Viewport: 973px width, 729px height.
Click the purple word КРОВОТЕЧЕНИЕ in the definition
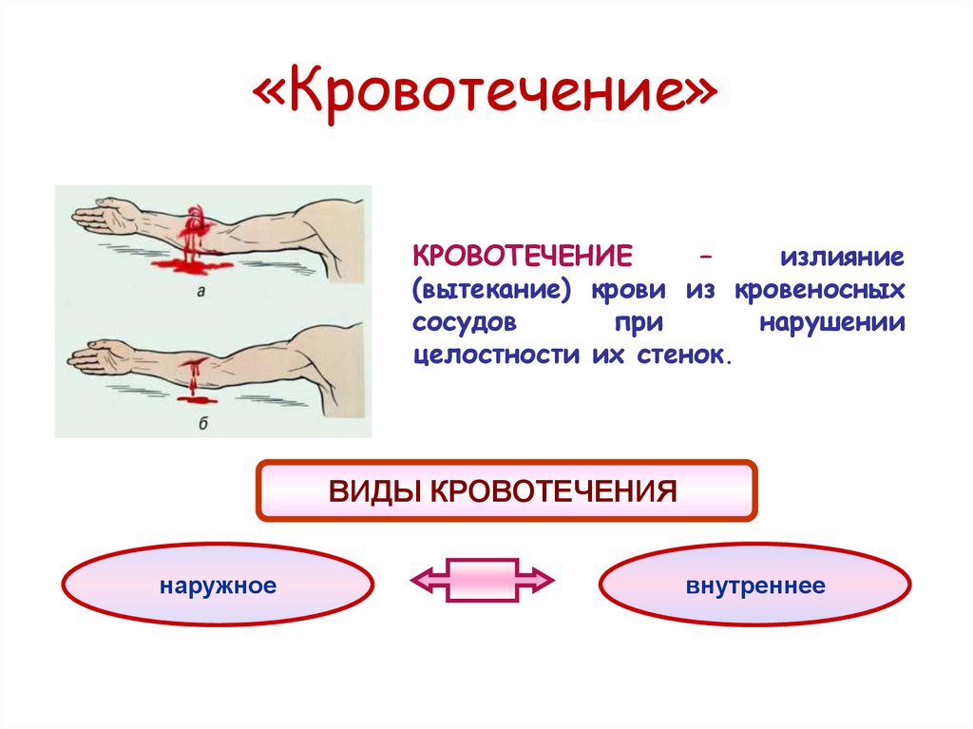click(x=523, y=258)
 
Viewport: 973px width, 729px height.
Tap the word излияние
click(x=842, y=258)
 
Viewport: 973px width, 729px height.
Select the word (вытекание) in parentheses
click(x=491, y=290)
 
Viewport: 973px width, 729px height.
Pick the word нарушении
click(x=832, y=322)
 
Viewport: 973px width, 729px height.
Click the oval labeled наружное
click(x=218, y=585)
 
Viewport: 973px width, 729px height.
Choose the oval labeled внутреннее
click(x=755, y=585)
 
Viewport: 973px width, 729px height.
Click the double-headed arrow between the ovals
click(x=482, y=578)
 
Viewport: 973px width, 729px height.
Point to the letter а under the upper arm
click(x=200, y=293)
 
